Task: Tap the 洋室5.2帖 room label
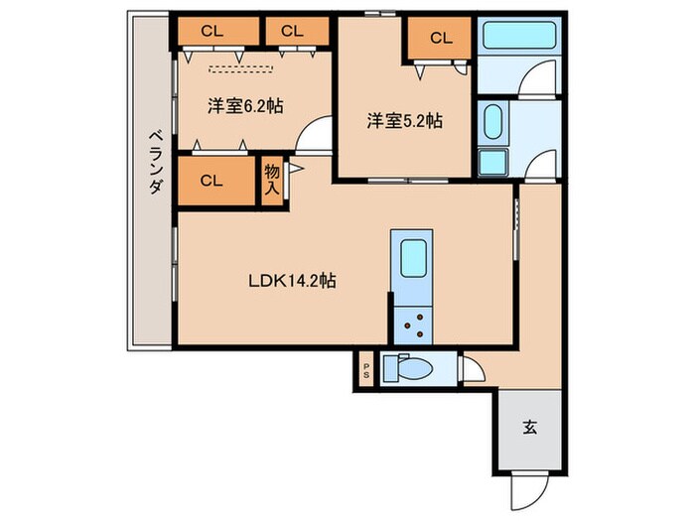(x=404, y=120)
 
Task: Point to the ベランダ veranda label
(x=155, y=164)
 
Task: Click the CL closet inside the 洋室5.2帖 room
(x=441, y=39)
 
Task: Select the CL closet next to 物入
(x=210, y=181)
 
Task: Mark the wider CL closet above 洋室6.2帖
(x=210, y=31)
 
